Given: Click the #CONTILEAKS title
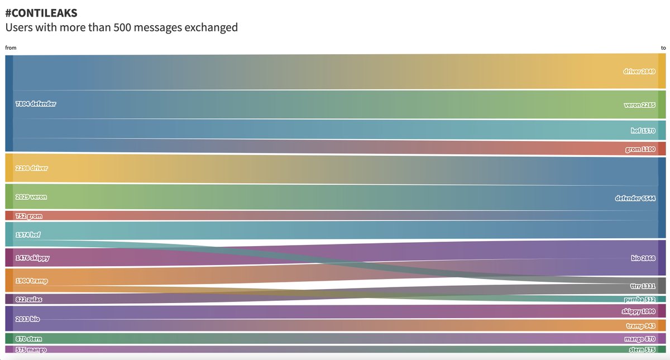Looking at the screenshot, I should pos(41,12).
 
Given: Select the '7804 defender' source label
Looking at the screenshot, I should pos(36,103).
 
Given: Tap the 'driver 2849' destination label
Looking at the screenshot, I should pos(638,71).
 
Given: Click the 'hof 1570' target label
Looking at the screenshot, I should pos(642,131).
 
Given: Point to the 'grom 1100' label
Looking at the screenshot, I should pos(640,150).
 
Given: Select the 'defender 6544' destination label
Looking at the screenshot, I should pos(634,198).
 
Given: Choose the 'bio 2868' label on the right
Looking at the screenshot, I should pos(643,259).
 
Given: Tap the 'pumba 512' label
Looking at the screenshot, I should pos(640,299).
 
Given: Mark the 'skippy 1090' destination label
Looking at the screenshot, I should pos(638,311).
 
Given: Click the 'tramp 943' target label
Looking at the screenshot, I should pos(640,325).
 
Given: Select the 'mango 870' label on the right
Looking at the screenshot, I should pos(640,339).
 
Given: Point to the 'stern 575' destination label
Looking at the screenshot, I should pos(641,350).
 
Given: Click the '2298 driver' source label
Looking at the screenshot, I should pos(31,168).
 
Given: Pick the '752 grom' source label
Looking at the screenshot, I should pos(28,216).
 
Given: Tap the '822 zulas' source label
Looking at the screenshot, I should pos(28,299).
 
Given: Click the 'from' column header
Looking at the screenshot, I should pos(11,48).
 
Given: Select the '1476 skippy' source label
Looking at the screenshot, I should pos(32,257).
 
